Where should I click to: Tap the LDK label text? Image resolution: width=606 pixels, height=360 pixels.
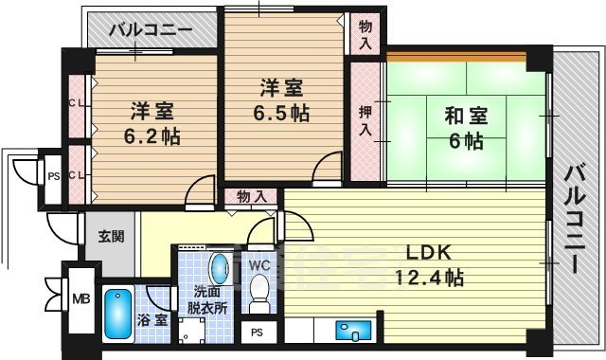coord(429,254)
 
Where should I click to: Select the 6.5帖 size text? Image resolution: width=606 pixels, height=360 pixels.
coord(281,112)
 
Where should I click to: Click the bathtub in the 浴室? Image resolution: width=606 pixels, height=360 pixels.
coord(117,313)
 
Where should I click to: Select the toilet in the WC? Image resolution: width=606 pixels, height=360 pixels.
coord(258,295)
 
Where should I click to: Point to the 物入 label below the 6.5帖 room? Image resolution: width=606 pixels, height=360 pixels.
coord(251,197)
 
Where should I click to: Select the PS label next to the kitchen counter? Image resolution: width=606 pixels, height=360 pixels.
coord(258,333)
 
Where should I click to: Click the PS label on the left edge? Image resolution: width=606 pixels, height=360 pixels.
coord(53,174)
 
